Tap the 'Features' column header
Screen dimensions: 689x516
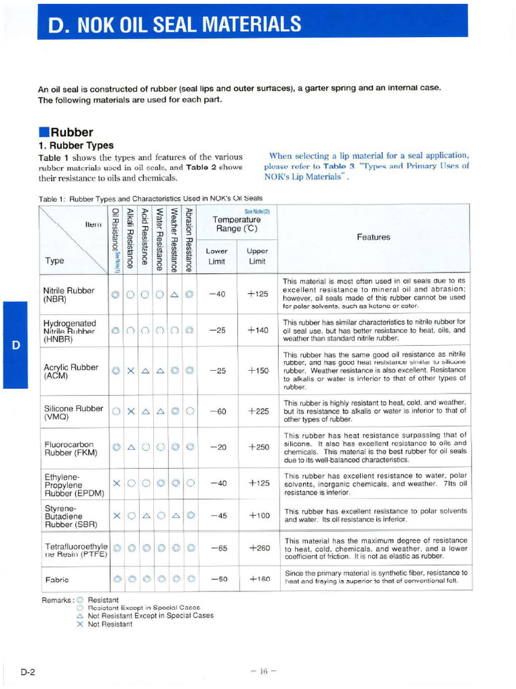[374, 237]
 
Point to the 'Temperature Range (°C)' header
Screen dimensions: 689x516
[236, 224]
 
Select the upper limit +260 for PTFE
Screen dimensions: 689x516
[259, 548]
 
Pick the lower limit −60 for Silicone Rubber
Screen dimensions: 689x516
[218, 412]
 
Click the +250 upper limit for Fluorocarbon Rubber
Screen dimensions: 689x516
[259, 447]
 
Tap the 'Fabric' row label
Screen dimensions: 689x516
[56, 579]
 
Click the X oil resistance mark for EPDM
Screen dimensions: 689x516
[116, 483]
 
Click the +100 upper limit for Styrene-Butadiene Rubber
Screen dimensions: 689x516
[259, 515]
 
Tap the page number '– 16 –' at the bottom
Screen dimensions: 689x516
[259, 670]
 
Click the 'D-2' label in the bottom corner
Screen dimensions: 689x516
[28, 671]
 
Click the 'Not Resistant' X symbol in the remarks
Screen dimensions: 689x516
[80, 624]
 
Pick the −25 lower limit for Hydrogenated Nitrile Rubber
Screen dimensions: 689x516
[218, 330]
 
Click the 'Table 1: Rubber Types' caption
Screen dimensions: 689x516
[150, 198]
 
